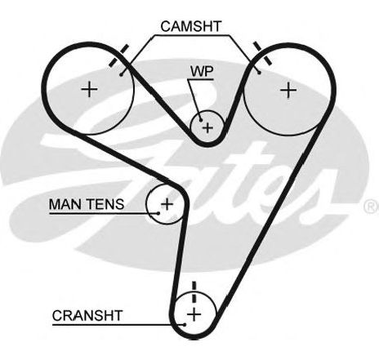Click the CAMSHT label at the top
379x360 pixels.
pyautogui.click(x=191, y=26)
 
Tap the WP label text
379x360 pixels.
pyautogui.click(x=202, y=72)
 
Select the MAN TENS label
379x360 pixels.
pyautogui.click(x=87, y=204)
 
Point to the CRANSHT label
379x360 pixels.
pyautogui.click(x=87, y=316)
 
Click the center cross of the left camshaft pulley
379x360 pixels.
pyautogui.click(x=89, y=89)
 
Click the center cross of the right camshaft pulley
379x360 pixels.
pyautogui.click(x=288, y=90)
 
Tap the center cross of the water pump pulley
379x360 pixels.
pyautogui.click(x=208, y=127)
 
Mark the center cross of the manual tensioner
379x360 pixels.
pyautogui.click(x=167, y=204)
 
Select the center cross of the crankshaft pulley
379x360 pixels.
pyautogui.click(x=194, y=314)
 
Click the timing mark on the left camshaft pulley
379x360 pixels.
pyautogui.click(x=118, y=56)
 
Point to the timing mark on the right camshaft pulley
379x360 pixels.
pyautogui.click(x=262, y=53)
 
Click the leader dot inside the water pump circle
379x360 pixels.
pyautogui.click(x=201, y=120)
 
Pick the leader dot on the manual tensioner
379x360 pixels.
pyautogui.click(x=158, y=213)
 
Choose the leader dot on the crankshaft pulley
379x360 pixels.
pyautogui.click(x=185, y=324)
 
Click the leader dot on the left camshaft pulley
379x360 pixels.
pyautogui.click(x=122, y=74)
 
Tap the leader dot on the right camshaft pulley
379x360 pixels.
pyautogui.click(x=260, y=73)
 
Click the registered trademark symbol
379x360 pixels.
pyautogui.click(x=371, y=207)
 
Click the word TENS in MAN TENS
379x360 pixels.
pyautogui.click(x=105, y=204)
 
